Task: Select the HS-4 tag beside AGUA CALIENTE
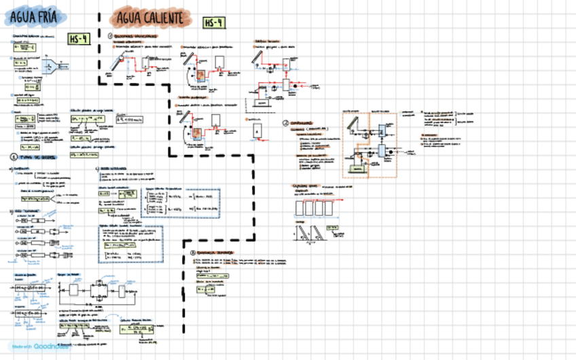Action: pos(213,23)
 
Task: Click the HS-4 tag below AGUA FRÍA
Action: pos(78,39)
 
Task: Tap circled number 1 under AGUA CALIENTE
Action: pos(110,35)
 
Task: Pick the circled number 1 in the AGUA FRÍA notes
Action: pos(13,157)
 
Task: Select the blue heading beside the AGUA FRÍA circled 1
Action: pos(33,157)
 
